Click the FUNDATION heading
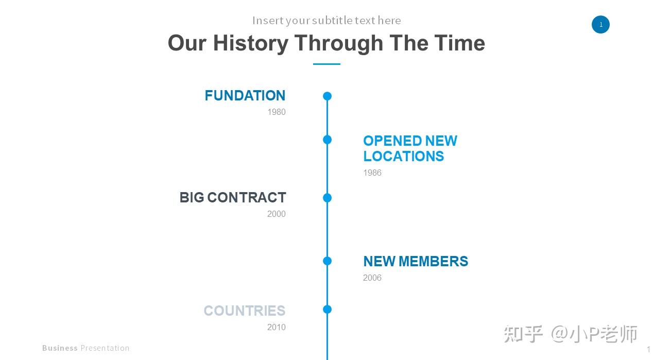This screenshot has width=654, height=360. [245, 95]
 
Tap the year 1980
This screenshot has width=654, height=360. [277, 112]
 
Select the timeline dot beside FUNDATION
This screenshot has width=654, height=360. [328, 96]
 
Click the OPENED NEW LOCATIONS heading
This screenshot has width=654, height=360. [410, 148]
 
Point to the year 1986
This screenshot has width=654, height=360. [372, 173]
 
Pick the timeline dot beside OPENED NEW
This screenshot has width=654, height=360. [328, 140]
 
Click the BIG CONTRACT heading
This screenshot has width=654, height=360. [233, 197]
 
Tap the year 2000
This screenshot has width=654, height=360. [277, 214]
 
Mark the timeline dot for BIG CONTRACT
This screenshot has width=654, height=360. [328, 198]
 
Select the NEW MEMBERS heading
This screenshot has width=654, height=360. [416, 261]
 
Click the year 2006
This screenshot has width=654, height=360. [372, 278]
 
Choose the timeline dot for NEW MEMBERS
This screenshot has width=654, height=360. [328, 261]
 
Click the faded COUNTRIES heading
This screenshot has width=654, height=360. [245, 311]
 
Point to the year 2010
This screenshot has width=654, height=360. [277, 327]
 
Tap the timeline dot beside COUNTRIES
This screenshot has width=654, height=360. [328, 310]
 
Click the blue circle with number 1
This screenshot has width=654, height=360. [600, 25]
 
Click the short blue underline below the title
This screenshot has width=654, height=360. [326, 64]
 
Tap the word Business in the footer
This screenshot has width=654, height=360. [60, 348]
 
